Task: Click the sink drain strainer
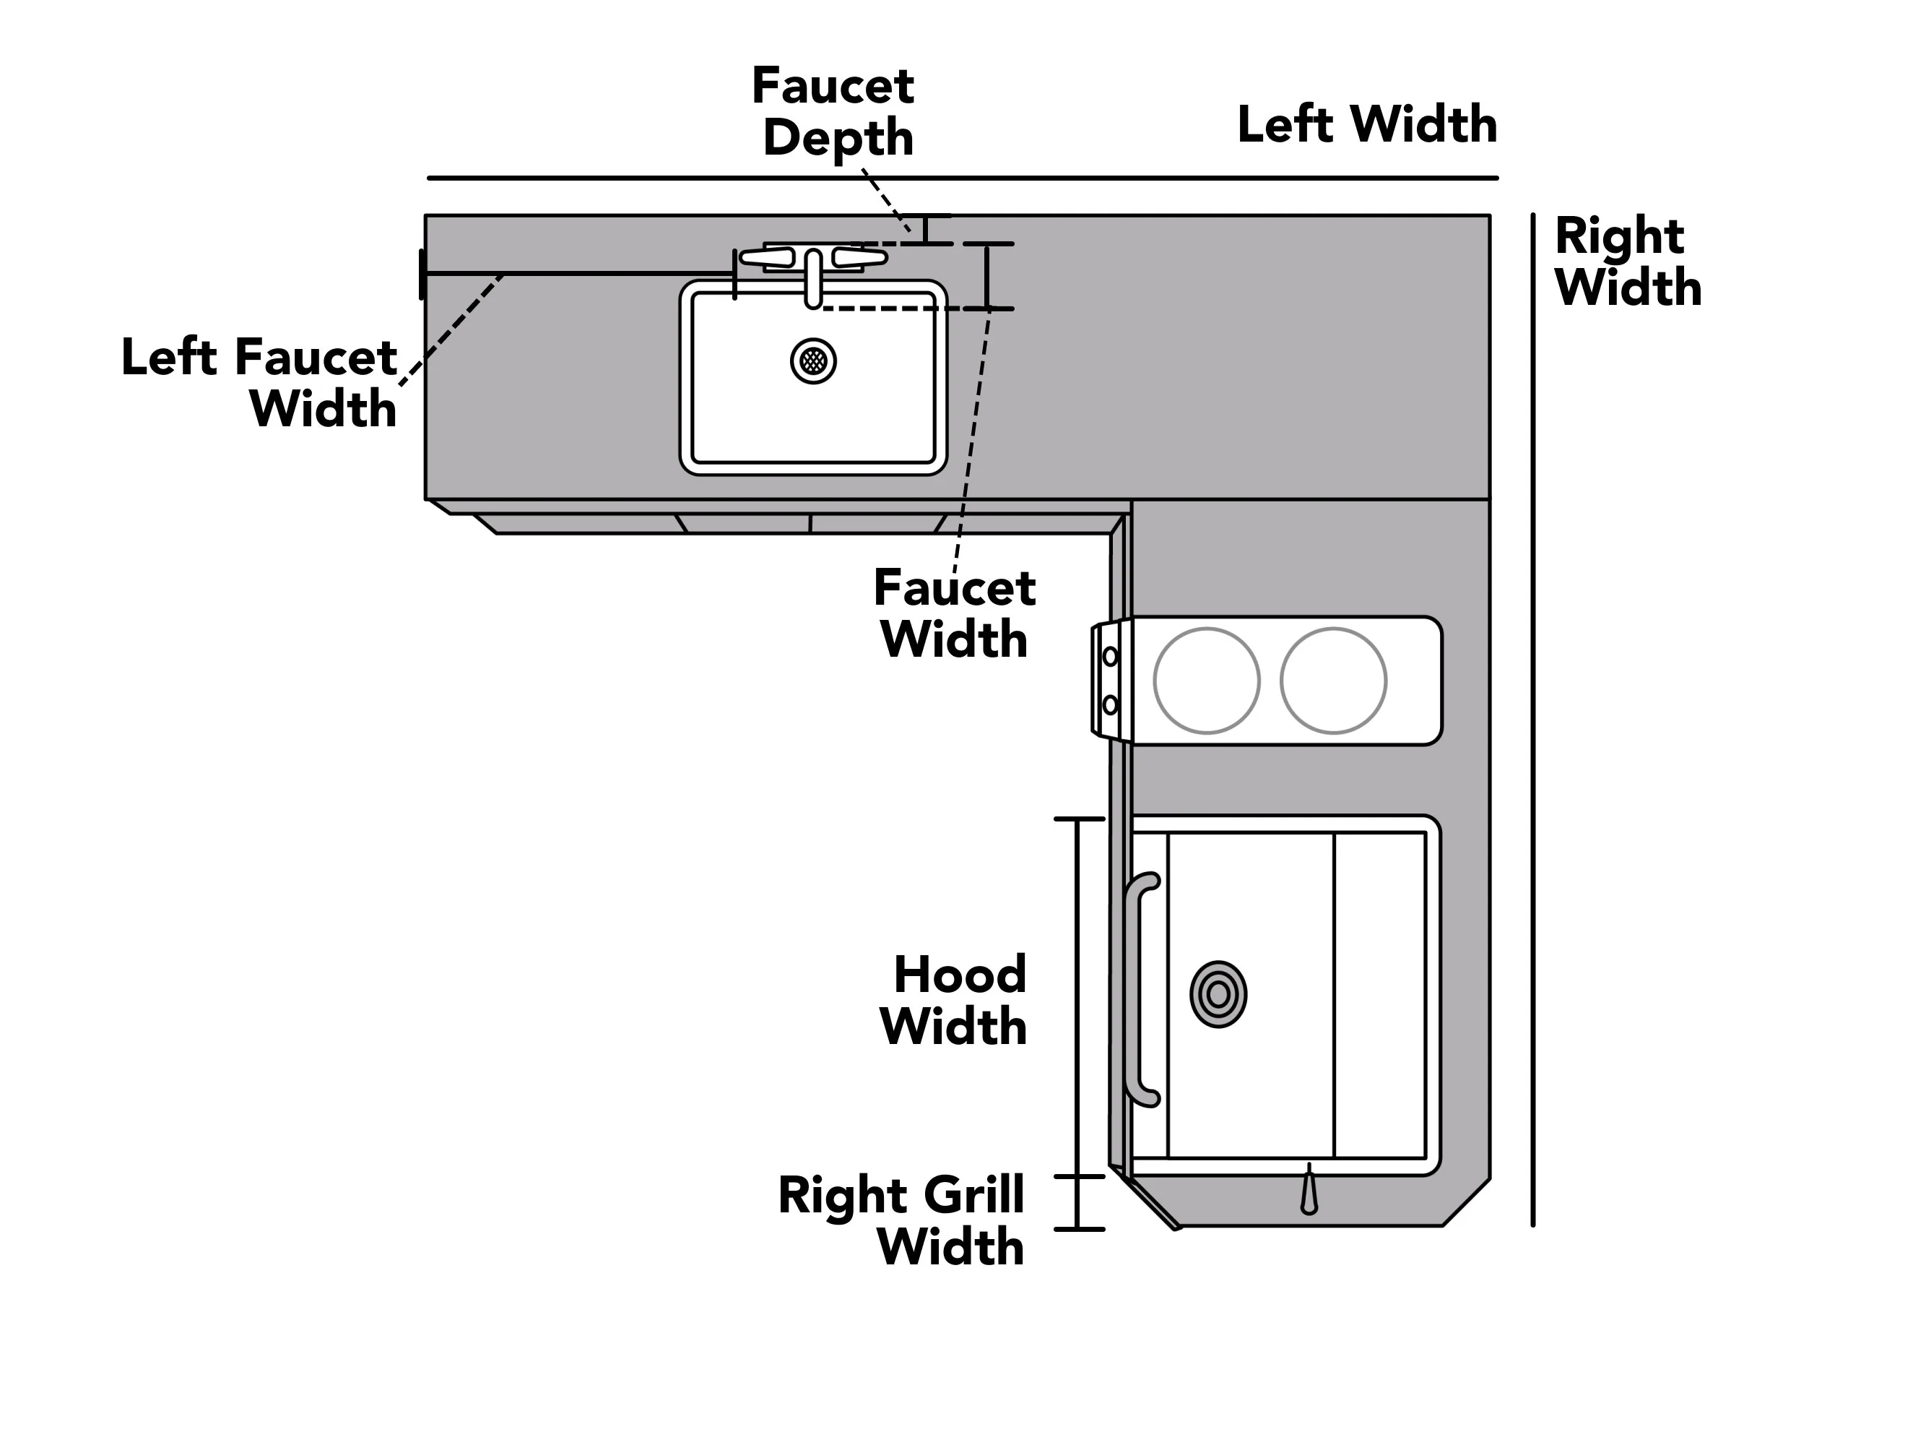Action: point(813,361)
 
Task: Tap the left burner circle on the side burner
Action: point(1207,681)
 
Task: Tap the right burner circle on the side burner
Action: point(1333,681)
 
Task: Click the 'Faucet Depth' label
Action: point(833,111)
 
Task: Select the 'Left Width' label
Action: point(1367,124)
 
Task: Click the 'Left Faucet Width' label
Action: point(259,382)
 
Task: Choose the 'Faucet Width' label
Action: point(954,613)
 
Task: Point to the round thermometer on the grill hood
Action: point(1218,994)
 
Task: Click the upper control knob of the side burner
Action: point(1110,656)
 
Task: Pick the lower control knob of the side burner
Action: point(1110,704)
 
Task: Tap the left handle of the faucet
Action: point(766,257)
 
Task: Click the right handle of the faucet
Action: point(859,257)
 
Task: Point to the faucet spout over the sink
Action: point(813,279)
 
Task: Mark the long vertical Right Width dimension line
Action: point(1532,720)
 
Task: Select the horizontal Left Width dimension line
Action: point(962,178)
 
